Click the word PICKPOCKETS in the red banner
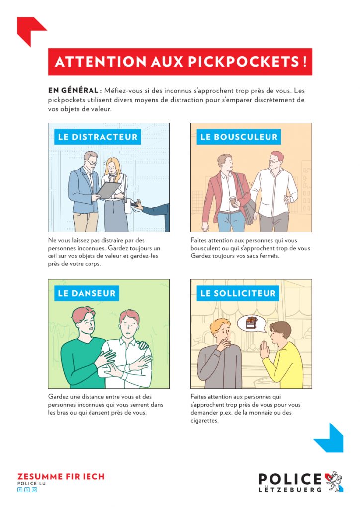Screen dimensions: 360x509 tap(243, 61)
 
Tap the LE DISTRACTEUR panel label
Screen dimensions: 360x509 tap(98, 137)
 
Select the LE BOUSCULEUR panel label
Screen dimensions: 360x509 tap(239, 137)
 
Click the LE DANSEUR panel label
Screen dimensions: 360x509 tap(87, 293)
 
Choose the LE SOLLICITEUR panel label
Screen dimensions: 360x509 tap(238, 293)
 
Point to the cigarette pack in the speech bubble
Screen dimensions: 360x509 tap(252, 323)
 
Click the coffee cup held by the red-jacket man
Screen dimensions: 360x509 tap(232, 201)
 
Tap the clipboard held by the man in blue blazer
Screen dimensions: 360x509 tap(109, 190)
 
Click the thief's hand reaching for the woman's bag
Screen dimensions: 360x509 tap(138, 205)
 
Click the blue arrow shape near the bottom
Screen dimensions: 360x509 tap(331, 438)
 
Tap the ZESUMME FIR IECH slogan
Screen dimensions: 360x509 tap(61, 477)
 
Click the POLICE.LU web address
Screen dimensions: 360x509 tap(31, 483)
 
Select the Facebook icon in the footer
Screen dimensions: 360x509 tap(20, 490)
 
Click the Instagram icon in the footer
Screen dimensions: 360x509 tap(34, 490)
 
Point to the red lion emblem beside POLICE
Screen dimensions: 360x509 tap(334, 481)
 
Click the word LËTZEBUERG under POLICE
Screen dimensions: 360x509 tap(290, 489)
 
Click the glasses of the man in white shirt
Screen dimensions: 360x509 tap(273, 161)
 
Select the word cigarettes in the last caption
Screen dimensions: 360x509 tap(204, 421)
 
